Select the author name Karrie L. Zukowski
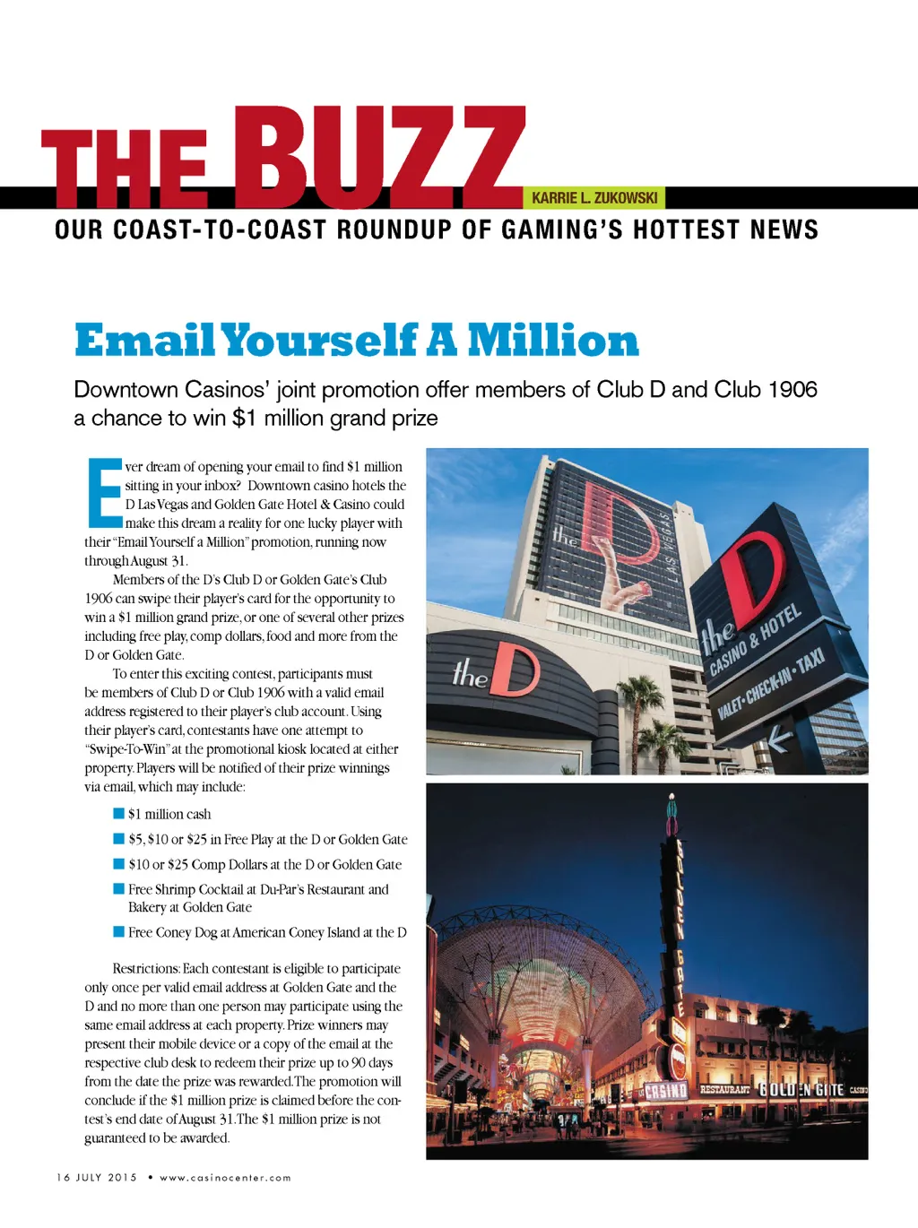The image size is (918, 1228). click(x=594, y=198)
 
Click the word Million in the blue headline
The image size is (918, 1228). click(x=553, y=341)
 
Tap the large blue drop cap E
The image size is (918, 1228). click(x=103, y=492)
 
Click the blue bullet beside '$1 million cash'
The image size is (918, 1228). click(x=118, y=813)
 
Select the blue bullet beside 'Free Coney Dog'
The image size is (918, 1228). click(x=118, y=931)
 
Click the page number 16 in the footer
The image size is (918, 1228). click(x=63, y=1178)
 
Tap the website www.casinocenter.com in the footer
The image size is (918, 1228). click(x=225, y=1178)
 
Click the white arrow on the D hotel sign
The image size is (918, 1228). click(x=778, y=739)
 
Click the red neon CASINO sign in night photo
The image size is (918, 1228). click(x=666, y=1091)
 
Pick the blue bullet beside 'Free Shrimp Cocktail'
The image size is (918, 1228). click(x=118, y=888)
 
